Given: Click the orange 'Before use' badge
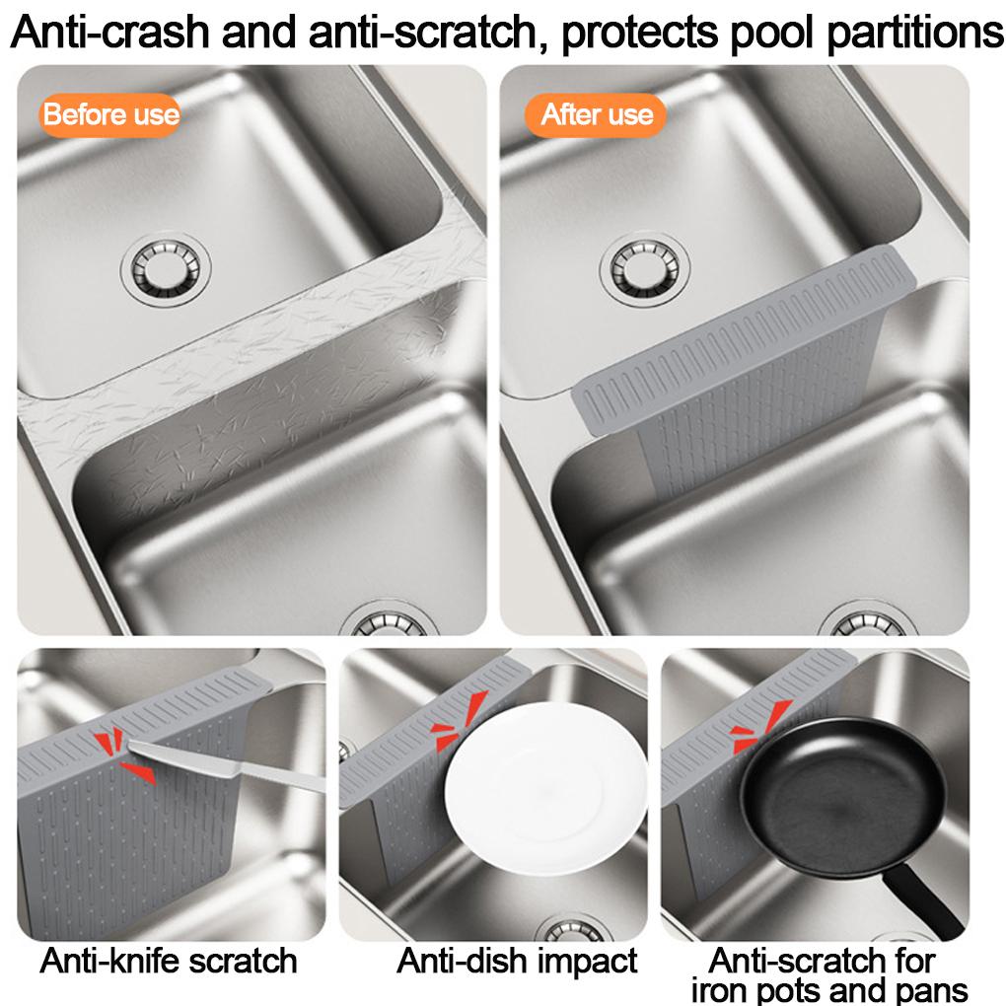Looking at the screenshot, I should (x=110, y=115).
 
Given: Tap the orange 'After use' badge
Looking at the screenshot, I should (x=597, y=115).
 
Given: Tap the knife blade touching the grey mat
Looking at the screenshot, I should (x=187, y=765).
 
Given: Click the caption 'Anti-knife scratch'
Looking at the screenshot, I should (x=169, y=960).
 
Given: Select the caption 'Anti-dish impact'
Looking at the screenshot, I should (x=518, y=960).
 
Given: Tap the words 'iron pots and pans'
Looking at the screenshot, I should (x=828, y=989).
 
